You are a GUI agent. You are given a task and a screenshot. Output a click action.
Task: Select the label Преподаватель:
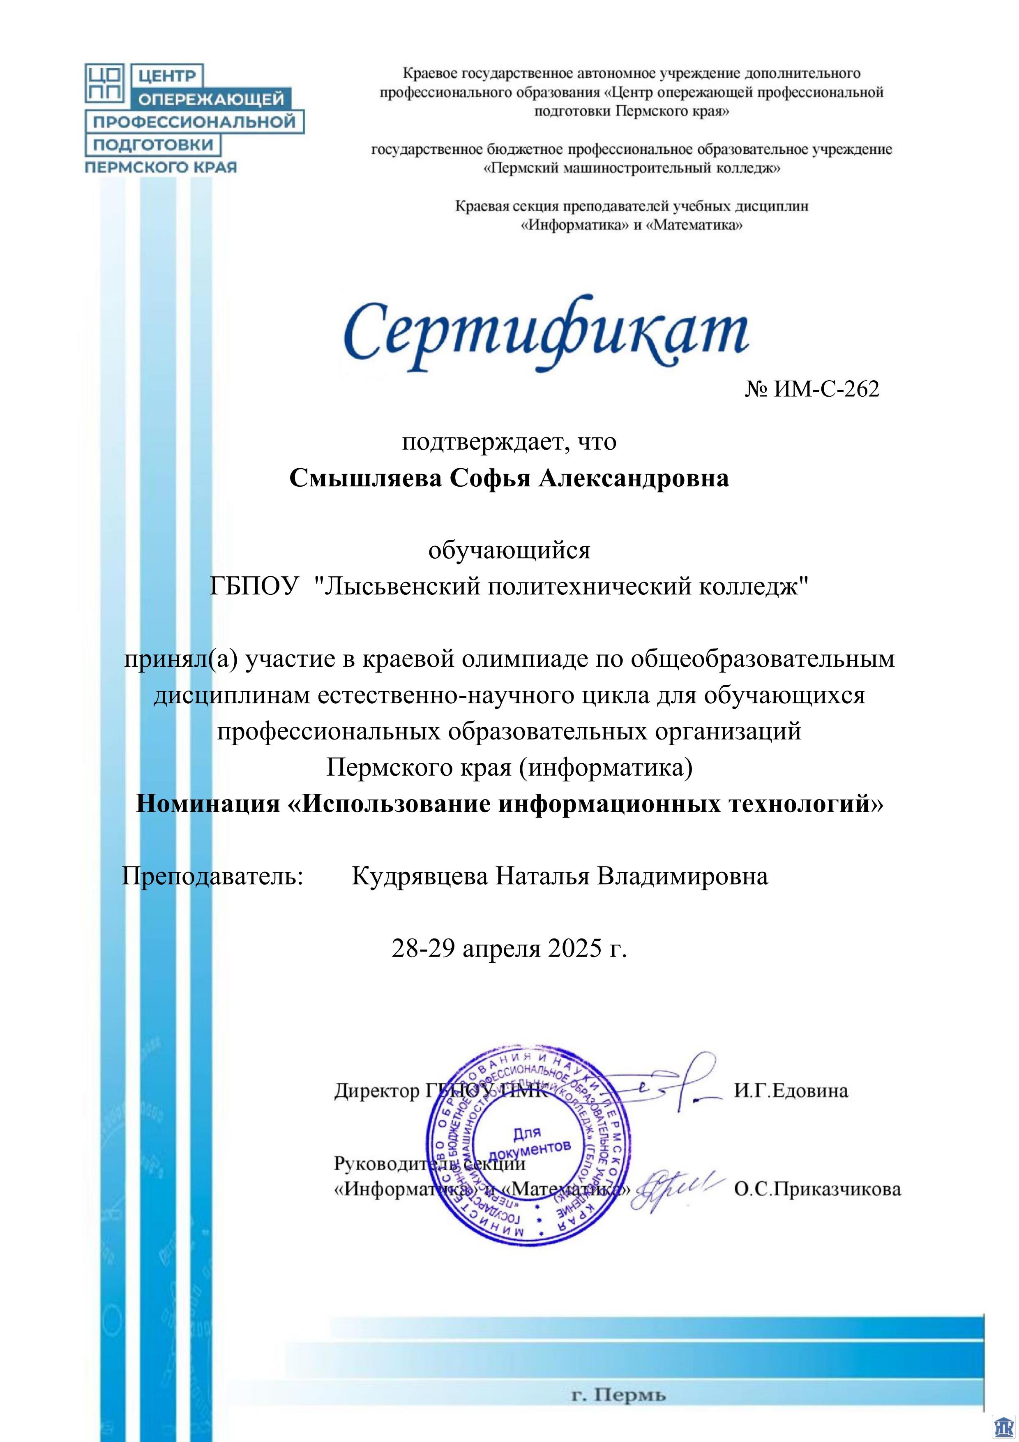tap(212, 876)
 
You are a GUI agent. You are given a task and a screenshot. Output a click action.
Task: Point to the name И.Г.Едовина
tap(791, 1091)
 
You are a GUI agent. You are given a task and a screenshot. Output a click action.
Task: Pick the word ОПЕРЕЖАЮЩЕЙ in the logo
tap(210, 99)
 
